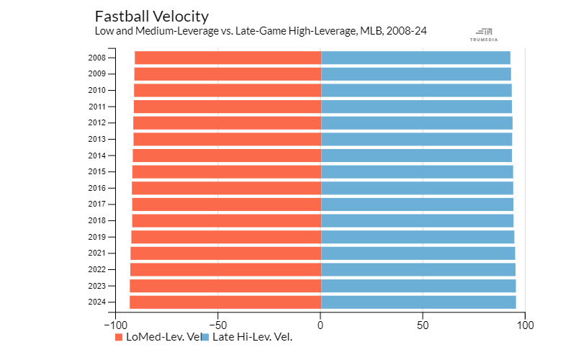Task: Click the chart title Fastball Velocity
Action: coord(151,17)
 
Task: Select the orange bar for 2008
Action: coord(228,58)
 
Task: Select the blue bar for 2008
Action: coord(415,58)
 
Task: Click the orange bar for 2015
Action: coord(226,171)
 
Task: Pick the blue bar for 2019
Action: coord(417,237)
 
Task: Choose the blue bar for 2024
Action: coord(418,302)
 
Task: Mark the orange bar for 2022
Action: coord(225,269)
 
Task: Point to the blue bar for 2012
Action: coord(416,122)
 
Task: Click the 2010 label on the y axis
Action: coord(97,90)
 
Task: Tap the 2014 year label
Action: coord(97,156)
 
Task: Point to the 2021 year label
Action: coord(97,253)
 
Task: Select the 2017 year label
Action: coord(97,204)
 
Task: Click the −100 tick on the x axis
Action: coord(115,325)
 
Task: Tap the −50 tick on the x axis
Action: coord(218,325)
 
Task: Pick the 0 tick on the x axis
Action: coord(320,325)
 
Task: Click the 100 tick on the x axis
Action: coord(526,325)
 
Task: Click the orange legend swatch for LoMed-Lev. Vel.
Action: coord(120,336)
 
